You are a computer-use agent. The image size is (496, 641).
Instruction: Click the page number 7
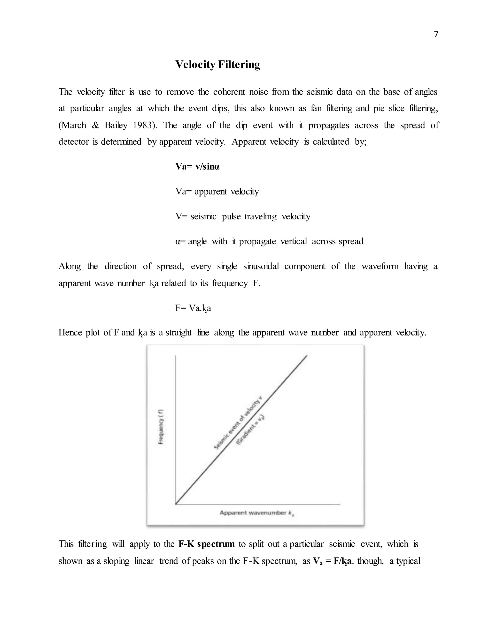click(436, 35)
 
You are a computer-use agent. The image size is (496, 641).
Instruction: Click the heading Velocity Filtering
click(217, 65)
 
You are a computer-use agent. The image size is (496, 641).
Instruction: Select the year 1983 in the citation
click(143, 125)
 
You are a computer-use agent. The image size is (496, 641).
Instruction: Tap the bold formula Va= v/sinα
click(197, 167)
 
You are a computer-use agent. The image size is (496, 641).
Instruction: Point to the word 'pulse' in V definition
click(231, 216)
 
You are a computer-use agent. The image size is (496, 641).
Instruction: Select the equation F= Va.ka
click(193, 308)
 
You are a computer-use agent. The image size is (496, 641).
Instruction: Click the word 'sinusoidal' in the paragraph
click(261, 267)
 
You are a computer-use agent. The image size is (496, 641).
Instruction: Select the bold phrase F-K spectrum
click(207, 544)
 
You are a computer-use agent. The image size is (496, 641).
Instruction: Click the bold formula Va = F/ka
click(332, 561)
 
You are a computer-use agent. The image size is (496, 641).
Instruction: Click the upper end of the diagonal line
click(307, 356)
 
